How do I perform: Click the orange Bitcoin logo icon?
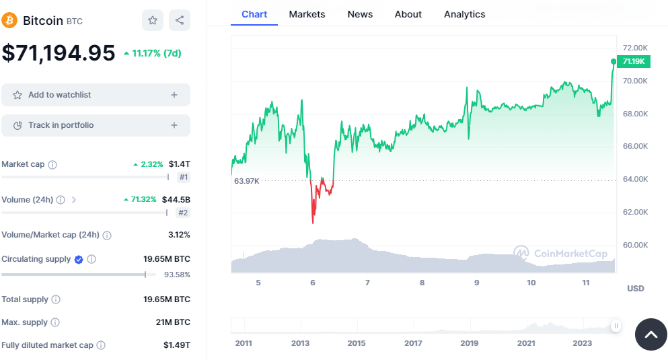[x=9, y=20]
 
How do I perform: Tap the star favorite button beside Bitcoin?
[x=153, y=20]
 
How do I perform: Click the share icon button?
[x=180, y=20]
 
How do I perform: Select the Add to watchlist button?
[x=96, y=95]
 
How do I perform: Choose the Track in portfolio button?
[x=96, y=125]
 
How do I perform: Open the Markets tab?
[x=307, y=14]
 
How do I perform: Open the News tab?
[x=360, y=14]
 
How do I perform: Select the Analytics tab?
[x=464, y=14]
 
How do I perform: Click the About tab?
[x=408, y=14]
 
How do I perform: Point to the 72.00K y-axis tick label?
[x=635, y=48]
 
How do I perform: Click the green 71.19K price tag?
[x=634, y=61]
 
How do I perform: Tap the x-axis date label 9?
[x=476, y=283]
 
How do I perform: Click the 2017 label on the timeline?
[x=413, y=343]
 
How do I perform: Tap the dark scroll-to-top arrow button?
[x=651, y=334]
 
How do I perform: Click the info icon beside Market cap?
[x=52, y=165]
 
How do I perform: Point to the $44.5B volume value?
[x=176, y=200]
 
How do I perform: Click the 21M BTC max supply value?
[x=173, y=322]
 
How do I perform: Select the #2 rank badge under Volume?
[x=183, y=213]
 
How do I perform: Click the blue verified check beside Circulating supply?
[x=79, y=259]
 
